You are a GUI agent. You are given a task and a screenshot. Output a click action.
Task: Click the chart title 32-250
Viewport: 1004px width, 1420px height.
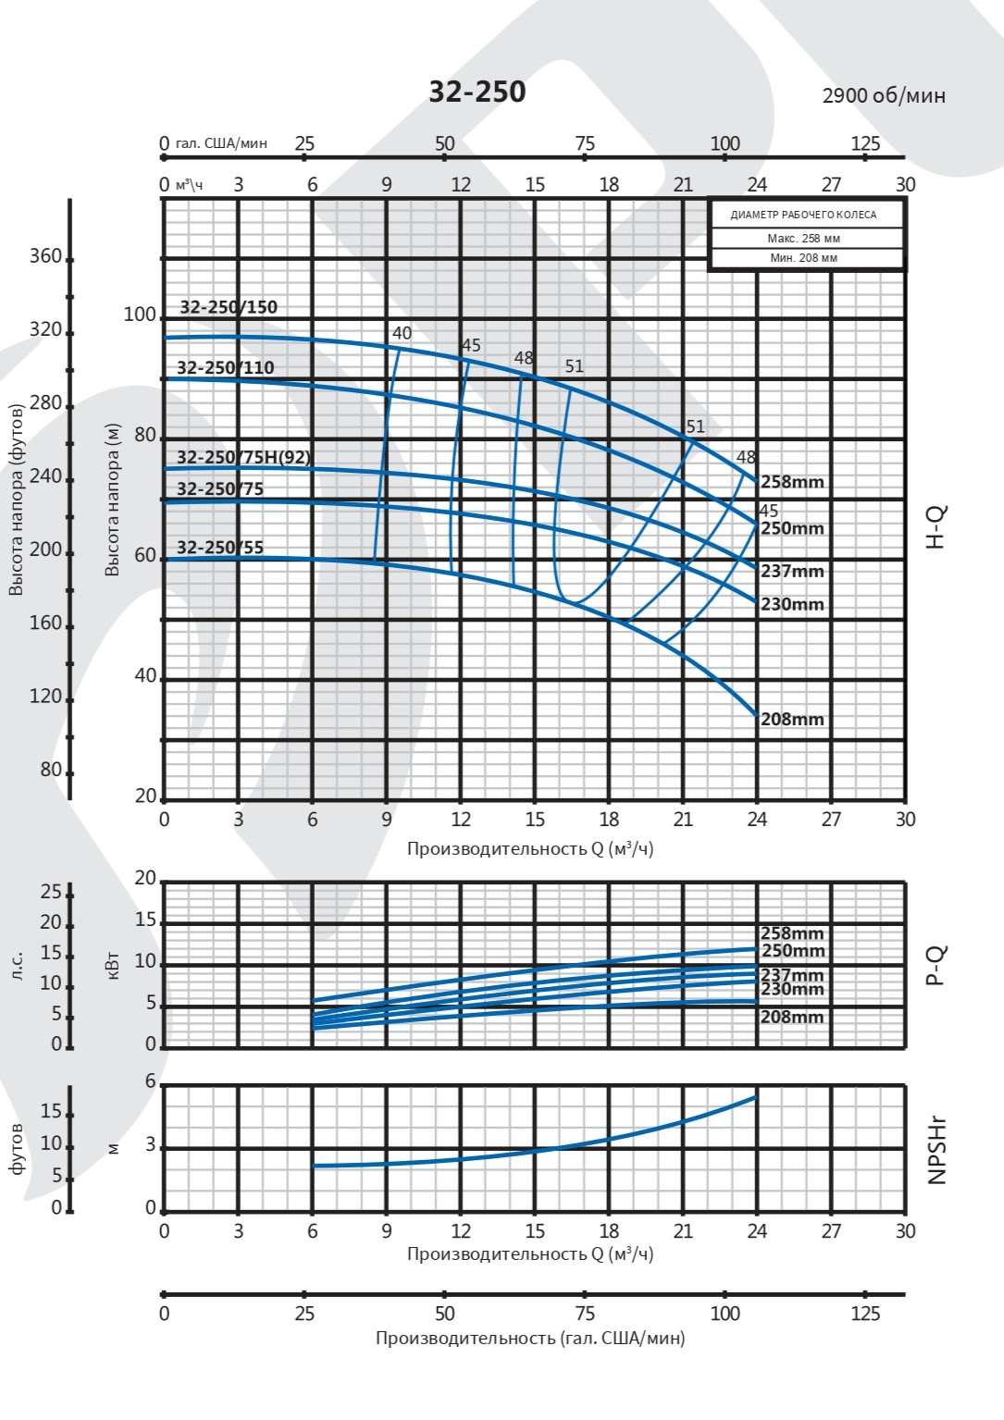tap(477, 92)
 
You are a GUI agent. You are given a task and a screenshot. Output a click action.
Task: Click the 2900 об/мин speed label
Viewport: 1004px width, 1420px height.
tap(884, 95)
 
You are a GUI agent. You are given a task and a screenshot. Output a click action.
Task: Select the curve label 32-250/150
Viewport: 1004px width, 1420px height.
tap(229, 307)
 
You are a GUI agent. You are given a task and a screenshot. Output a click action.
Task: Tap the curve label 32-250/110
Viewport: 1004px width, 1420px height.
tap(226, 367)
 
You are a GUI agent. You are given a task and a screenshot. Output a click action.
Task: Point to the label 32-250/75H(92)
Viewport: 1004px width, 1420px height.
tap(243, 457)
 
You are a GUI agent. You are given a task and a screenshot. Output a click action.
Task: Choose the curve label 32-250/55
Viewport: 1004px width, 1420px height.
tap(220, 547)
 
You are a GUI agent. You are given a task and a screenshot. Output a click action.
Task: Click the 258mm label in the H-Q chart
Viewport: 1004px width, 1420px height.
tap(792, 481)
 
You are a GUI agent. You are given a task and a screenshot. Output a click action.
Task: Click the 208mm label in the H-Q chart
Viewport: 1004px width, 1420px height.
tap(792, 719)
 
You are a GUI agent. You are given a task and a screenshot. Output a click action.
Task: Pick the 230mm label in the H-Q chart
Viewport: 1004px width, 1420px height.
tap(792, 604)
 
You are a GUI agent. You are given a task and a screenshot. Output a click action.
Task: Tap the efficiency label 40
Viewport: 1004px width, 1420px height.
tap(402, 333)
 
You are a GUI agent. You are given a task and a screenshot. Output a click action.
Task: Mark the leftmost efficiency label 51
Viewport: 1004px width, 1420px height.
tap(575, 366)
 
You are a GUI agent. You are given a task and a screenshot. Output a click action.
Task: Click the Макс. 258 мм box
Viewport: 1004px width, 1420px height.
tap(805, 239)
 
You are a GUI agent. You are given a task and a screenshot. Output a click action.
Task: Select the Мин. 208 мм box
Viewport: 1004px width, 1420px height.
tap(805, 258)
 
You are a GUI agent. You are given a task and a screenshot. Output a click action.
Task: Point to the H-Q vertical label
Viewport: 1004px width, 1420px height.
tap(936, 527)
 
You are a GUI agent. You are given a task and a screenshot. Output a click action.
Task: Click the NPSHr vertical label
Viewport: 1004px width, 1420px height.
tap(936, 1150)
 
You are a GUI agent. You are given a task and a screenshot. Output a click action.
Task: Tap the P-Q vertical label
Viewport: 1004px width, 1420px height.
tap(936, 965)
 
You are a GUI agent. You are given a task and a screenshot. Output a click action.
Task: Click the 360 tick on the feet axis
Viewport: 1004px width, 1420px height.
tap(45, 256)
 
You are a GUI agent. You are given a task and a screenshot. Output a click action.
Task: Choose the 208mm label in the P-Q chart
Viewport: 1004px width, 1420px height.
tap(792, 1017)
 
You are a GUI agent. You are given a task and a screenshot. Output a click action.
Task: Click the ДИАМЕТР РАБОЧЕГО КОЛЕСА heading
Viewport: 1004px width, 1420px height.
tap(803, 215)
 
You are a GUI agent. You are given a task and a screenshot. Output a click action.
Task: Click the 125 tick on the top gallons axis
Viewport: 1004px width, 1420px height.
tap(865, 143)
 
